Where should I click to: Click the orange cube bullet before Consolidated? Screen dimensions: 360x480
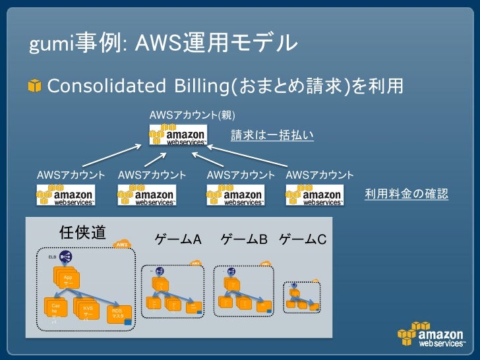pos(34,86)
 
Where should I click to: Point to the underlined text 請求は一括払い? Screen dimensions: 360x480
pos(272,135)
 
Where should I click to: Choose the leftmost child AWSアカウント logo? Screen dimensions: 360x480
pos(66,196)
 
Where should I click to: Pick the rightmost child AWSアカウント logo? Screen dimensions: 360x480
pos(315,196)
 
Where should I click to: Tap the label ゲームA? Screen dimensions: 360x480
pos(177,238)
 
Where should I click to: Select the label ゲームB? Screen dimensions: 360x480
pos(243,238)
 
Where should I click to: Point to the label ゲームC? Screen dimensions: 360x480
pos(303,238)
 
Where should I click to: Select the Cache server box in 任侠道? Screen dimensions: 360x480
pos(55,311)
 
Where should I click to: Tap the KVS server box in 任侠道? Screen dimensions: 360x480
pos(87,311)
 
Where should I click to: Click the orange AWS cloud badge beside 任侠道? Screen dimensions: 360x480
pos(122,245)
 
